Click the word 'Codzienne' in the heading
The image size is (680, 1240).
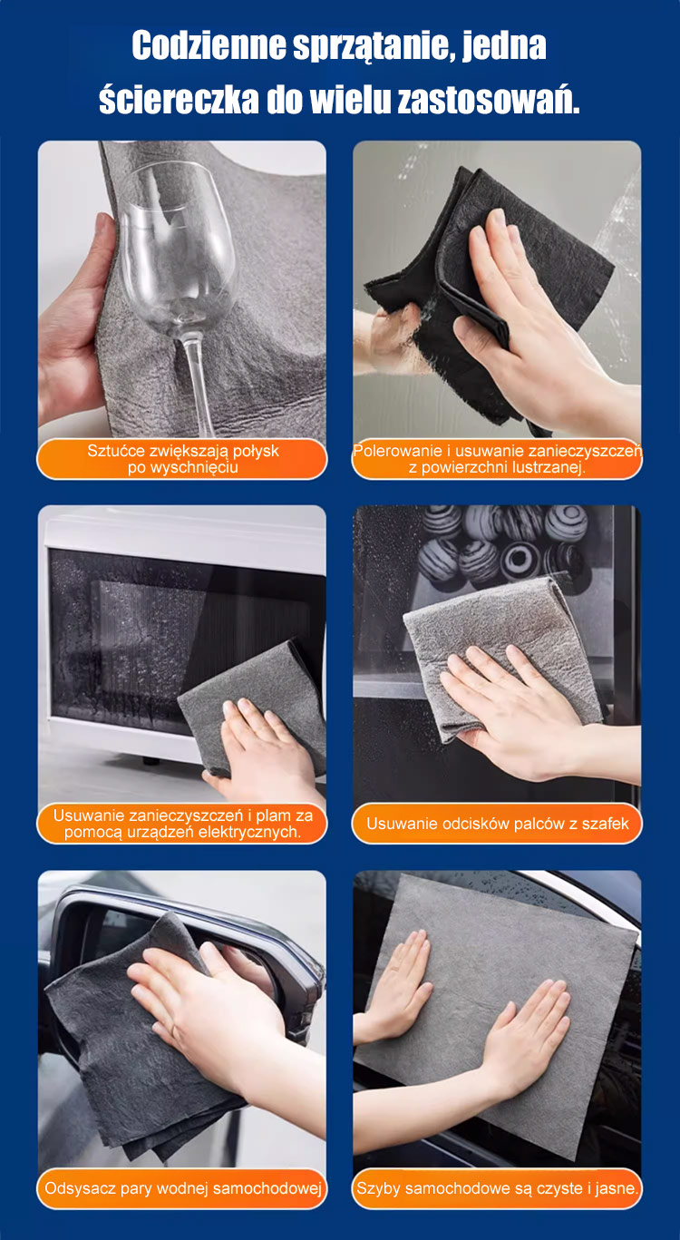[209, 45]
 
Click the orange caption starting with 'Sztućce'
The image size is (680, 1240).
[182, 459]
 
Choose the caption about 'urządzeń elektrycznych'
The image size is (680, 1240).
[182, 823]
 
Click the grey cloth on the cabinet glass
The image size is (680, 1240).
[500, 653]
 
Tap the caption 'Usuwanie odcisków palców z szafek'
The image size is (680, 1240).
[498, 823]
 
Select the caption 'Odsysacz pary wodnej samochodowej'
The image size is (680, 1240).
[182, 1188]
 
